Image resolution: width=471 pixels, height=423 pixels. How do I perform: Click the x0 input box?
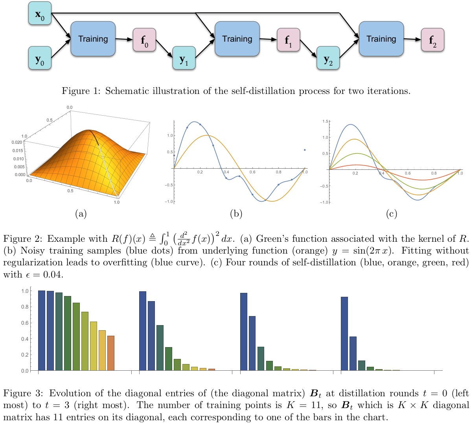coord(40,13)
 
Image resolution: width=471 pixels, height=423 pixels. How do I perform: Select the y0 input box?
coord(40,58)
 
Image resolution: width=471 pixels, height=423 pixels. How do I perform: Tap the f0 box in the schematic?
coord(144,40)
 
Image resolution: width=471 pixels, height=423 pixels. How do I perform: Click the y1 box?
coord(184,58)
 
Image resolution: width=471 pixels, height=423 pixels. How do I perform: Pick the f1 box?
coord(288,40)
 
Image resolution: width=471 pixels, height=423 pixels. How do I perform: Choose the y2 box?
coord(328,58)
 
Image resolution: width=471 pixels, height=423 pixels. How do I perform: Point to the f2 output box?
coord(432,40)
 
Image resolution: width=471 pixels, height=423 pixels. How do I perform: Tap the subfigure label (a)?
coord(80,214)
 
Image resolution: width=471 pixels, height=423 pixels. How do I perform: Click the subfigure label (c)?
coord(391,214)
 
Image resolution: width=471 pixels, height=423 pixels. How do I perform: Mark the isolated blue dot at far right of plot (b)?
coord(305,150)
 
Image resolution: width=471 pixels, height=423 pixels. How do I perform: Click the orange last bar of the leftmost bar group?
coord(111,353)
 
